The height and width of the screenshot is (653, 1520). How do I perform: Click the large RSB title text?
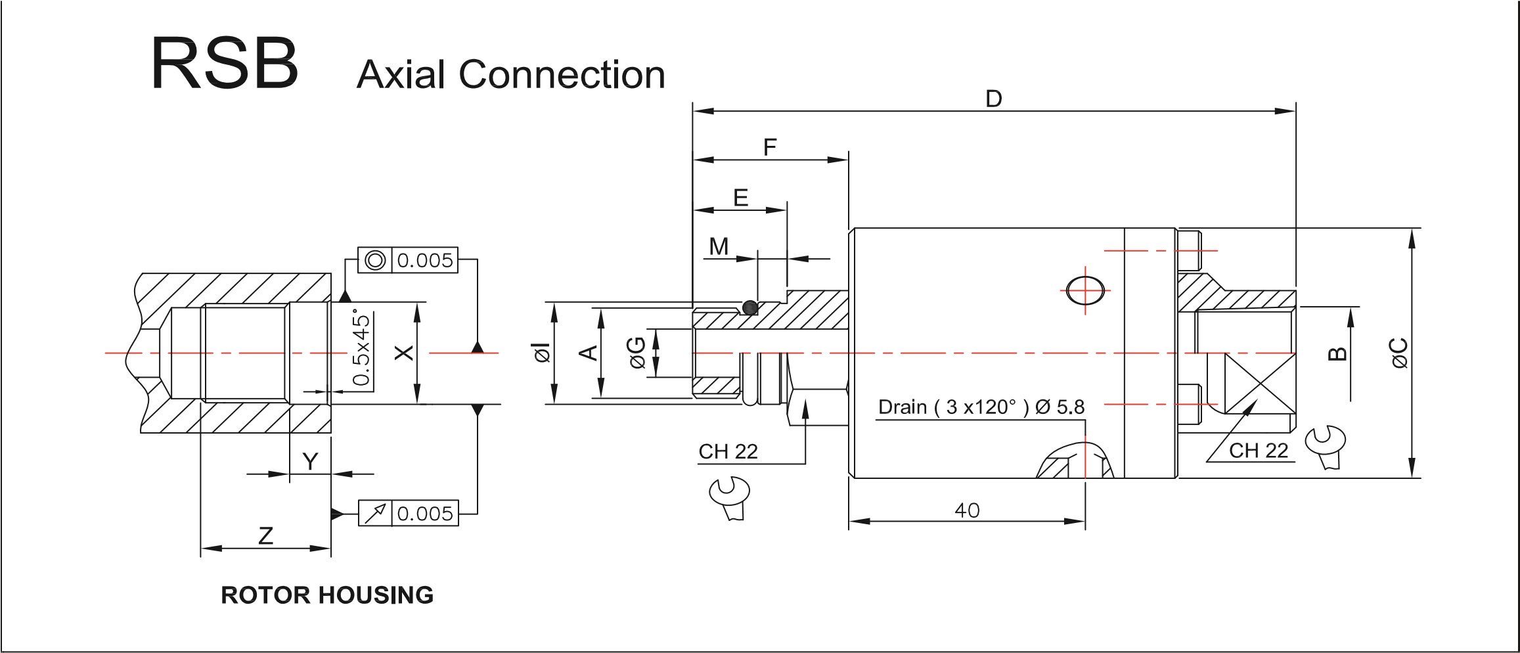click(225, 65)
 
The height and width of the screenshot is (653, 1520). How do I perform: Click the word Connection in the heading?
click(562, 74)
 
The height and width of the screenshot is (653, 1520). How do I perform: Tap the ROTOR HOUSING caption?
click(327, 595)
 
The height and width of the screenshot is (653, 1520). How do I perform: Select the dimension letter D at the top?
click(993, 99)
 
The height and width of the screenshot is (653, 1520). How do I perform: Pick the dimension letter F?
click(770, 147)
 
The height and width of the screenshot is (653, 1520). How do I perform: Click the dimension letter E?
click(740, 198)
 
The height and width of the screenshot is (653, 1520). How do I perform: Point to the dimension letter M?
click(719, 247)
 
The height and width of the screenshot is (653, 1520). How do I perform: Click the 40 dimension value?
click(967, 510)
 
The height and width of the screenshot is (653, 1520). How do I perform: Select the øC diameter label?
click(1399, 353)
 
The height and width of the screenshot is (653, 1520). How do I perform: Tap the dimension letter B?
click(1337, 353)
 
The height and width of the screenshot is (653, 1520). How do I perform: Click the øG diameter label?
click(637, 353)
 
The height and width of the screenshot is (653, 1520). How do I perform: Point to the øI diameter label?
click(543, 353)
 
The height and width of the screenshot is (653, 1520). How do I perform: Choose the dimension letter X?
click(405, 353)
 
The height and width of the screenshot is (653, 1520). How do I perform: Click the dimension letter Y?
click(309, 462)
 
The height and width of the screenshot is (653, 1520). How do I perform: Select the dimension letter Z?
click(265, 537)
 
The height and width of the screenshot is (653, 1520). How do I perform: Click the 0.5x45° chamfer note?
click(361, 348)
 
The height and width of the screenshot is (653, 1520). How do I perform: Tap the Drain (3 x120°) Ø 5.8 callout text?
click(981, 407)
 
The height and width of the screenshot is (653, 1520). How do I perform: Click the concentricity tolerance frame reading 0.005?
click(407, 261)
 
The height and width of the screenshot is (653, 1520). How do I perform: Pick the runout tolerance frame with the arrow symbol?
click(407, 513)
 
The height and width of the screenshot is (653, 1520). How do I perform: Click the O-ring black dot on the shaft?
click(750, 307)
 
